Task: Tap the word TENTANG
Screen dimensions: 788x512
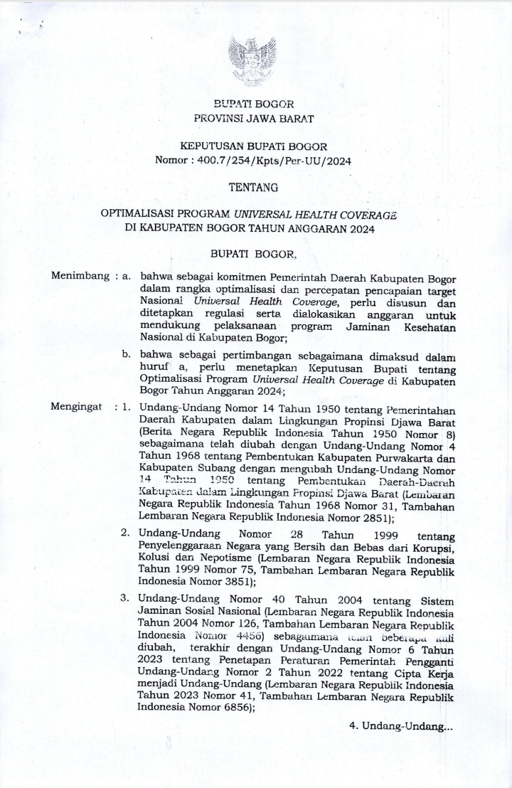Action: [253, 188]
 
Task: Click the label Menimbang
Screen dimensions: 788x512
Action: [80, 276]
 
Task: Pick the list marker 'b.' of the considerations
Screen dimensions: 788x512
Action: [126, 353]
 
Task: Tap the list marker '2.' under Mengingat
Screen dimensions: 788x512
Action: [125, 533]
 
